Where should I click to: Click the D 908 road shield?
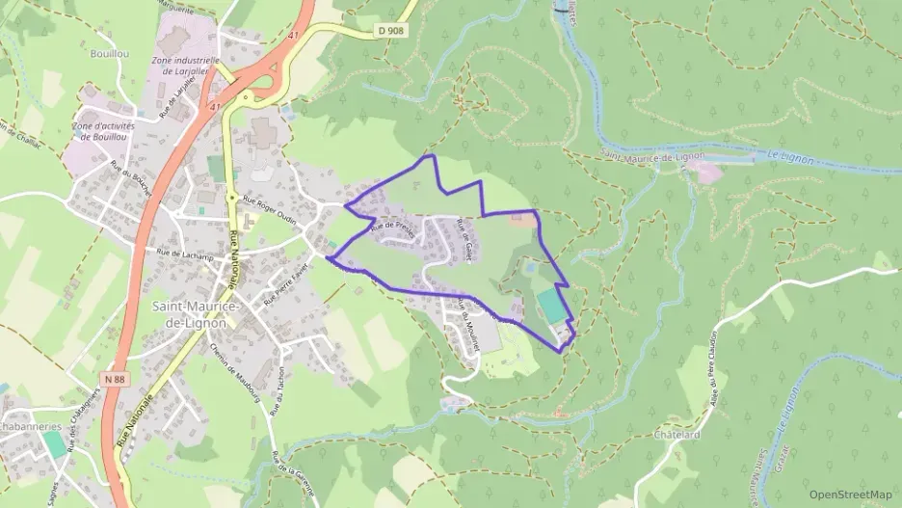coord(390,30)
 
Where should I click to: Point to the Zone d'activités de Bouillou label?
coord(103,131)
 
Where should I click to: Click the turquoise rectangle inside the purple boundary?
coord(551,307)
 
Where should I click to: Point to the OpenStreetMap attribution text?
coord(851,495)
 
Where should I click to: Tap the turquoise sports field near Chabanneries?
coord(55,443)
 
